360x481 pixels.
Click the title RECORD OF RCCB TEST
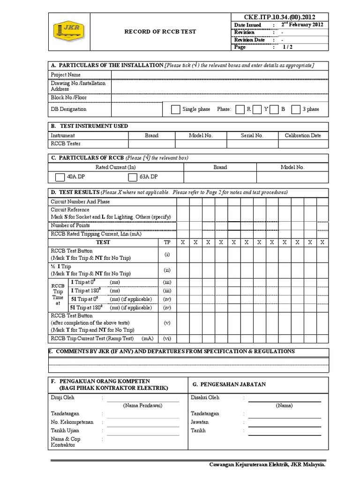[160, 32]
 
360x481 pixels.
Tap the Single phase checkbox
[175, 109]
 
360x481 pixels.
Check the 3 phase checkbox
[295, 109]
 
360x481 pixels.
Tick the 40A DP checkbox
[60, 177]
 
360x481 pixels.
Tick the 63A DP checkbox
[132, 177]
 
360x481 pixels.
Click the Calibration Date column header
[303, 135]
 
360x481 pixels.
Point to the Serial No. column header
[252, 135]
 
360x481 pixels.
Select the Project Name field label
[66, 75]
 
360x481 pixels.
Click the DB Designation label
[68, 109]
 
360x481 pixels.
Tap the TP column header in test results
[167, 242]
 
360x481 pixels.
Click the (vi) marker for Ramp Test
[167, 338]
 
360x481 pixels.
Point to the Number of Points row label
[70, 225]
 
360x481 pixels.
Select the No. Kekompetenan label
[72, 422]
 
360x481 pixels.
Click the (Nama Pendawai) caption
[142, 405]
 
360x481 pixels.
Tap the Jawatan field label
[200, 422]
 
